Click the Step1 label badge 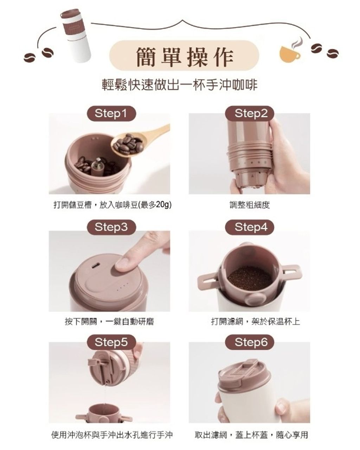111,113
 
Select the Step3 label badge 111,227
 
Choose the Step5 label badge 111,342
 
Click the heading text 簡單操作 185,57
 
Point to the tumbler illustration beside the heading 76,36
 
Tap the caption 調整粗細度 250,205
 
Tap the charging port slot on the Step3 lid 95,266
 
